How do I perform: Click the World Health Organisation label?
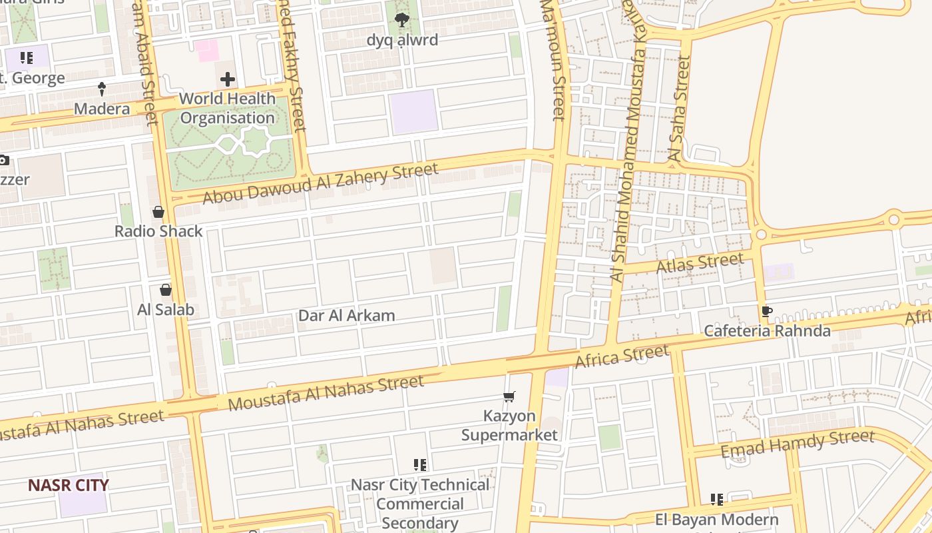[x=227, y=109]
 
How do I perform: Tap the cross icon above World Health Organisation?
[x=228, y=80]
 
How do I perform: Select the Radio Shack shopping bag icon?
[x=158, y=213]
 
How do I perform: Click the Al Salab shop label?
[x=166, y=309]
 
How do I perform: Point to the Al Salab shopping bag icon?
[x=166, y=290]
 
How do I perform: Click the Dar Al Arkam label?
[x=346, y=316]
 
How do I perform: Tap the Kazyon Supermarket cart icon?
[x=509, y=397]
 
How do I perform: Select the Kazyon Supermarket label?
[x=509, y=426]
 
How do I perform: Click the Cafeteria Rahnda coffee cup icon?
[x=767, y=311]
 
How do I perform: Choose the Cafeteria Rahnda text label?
[x=767, y=331]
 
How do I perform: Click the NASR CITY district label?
[x=68, y=485]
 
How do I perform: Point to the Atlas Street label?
[x=700, y=263]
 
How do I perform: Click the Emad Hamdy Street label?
[x=797, y=444]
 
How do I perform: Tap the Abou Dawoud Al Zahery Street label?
[x=320, y=183]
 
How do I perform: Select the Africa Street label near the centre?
[x=622, y=356]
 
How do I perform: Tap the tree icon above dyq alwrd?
[x=402, y=21]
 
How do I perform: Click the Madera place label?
[x=102, y=109]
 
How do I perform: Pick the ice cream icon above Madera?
[x=102, y=89]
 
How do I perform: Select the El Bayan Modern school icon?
[x=717, y=500]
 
